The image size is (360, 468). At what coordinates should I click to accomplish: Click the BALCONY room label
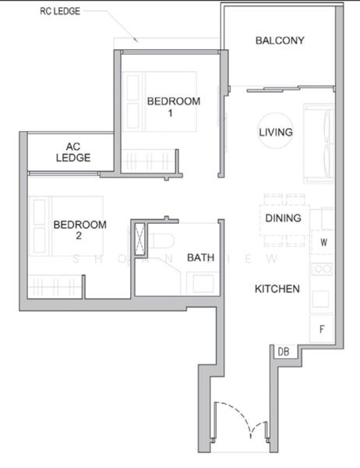279,41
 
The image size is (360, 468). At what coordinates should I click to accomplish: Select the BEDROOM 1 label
174,107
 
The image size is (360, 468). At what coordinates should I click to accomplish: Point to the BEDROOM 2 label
79,230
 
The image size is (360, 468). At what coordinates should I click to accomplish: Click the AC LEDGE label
73,151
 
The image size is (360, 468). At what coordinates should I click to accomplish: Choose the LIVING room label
276,133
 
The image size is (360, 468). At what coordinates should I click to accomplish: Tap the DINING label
283,218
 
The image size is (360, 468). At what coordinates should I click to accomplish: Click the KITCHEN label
277,289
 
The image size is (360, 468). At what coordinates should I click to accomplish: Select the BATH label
199,257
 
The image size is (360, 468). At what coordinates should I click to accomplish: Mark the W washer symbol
323,243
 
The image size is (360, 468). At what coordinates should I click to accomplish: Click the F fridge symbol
322,328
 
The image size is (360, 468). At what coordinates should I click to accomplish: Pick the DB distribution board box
284,353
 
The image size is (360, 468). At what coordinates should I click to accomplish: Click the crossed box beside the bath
140,239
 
